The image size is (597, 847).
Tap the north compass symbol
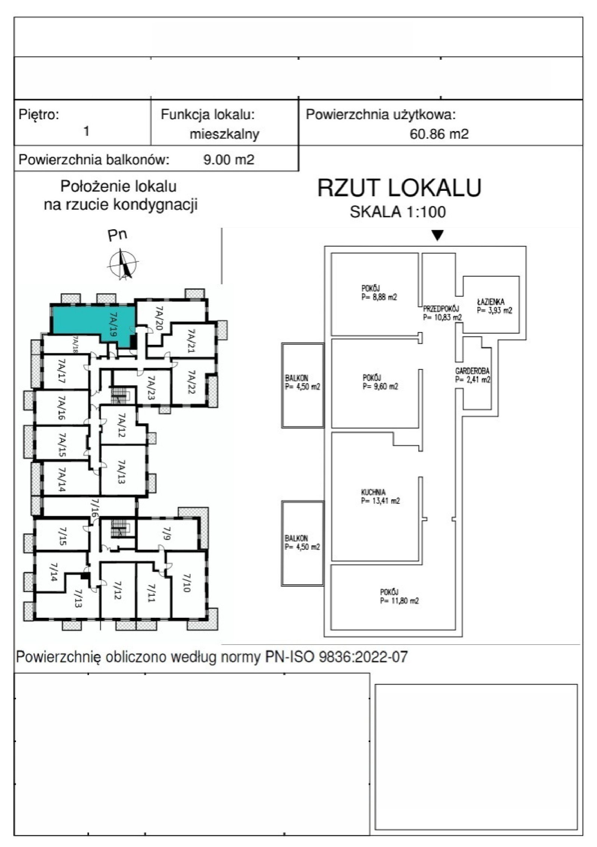[122, 264]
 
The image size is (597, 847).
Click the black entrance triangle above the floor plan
[438, 235]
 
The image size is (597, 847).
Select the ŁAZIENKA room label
[491, 301]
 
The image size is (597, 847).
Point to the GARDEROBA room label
[472, 371]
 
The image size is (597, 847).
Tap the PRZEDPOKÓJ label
[441, 309]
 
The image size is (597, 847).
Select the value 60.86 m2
[439, 134]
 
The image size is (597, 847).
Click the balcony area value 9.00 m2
[228, 160]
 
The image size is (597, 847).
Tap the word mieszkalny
[224, 134]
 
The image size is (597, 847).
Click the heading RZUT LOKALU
[399, 188]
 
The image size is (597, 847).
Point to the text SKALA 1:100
[397, 212]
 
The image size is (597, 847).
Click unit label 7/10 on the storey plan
[186, 583]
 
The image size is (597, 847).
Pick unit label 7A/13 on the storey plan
[121, 471]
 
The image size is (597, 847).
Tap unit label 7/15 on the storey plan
[63, 536]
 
